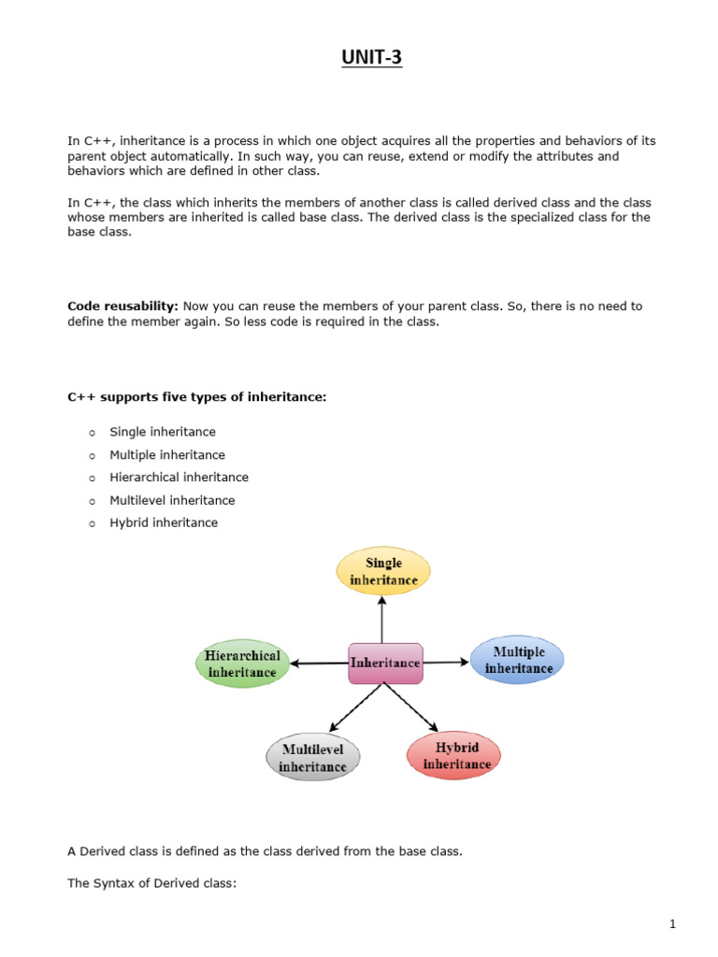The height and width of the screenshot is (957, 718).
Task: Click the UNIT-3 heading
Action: (370, 60)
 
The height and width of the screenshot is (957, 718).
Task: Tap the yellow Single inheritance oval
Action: (383, 571)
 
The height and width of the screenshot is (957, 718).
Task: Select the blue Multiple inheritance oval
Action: (518, 660)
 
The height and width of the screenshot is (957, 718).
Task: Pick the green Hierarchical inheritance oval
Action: (242, 664)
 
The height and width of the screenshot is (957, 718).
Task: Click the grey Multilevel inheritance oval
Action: (312, 758)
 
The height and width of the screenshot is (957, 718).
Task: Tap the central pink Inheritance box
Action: (385, 663)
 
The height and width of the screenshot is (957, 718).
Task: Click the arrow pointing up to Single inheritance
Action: (382, 618)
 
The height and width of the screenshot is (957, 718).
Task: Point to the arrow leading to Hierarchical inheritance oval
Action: (319, 664)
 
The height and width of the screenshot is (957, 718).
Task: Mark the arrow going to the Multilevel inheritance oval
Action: (354, 707)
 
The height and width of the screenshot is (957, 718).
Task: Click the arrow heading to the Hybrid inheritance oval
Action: (411, 707)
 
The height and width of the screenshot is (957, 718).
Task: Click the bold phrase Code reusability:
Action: (122, 306)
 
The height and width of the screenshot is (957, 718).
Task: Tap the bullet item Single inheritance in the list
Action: (163, 432)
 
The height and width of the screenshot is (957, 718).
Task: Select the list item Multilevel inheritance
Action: (172, 500)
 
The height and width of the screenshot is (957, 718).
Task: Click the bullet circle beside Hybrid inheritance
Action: (92, 523)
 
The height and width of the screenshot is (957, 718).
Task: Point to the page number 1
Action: (671, 924)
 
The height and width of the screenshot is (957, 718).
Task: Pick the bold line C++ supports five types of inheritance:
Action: (196, 396)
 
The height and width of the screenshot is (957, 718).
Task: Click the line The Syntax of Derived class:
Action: (151, 882)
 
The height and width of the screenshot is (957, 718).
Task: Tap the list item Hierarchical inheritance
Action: (179, 478)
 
